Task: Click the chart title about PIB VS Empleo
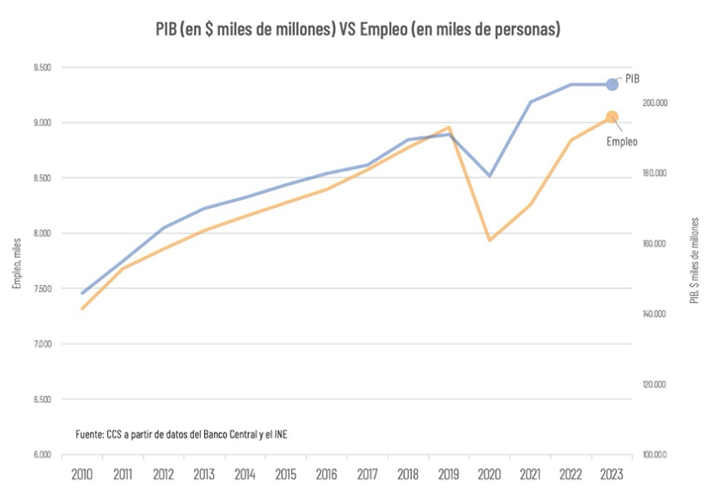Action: [357, 30]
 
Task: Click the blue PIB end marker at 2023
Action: [612, 84]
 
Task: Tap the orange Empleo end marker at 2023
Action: [612, 117]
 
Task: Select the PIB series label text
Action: [633, 77]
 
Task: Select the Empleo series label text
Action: [621, 142]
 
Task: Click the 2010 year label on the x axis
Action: [82, 475]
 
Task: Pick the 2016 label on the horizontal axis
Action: [327, 475]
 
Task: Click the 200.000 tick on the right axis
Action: [656, 103]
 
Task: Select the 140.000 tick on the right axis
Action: [656, 314]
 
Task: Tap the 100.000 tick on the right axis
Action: [656, 454]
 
